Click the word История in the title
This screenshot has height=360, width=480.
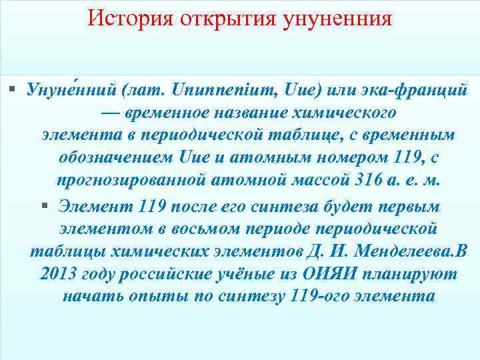click(x=127, y=18)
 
